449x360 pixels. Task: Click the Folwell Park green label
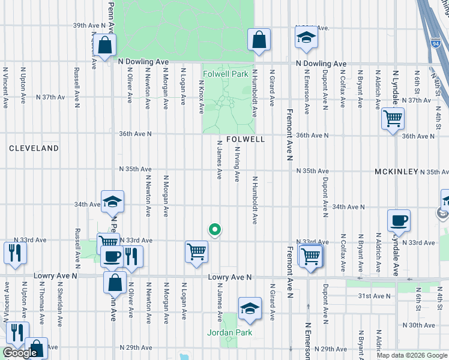(x=225, y=74)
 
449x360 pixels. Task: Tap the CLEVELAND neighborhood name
(x=34, y=148)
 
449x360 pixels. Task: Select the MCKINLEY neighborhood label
(x=396, y=172)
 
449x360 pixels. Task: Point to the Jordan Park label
(x=230, y=332)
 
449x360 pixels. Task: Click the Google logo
(x=20, y=353)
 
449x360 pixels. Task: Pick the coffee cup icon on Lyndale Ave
(x=399, y=220)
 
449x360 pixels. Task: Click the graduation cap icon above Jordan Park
(x=250, y=308)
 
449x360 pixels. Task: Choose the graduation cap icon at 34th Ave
(x=112, y=202)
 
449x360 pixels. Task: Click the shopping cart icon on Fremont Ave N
(x=310, y=256)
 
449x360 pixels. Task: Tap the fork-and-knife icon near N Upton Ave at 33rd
(x=15, y=253)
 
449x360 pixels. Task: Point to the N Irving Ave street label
(x=237, y=164)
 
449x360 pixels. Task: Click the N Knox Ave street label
(x=201, y=97)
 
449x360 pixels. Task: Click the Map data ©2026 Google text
(x=412, y=355)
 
